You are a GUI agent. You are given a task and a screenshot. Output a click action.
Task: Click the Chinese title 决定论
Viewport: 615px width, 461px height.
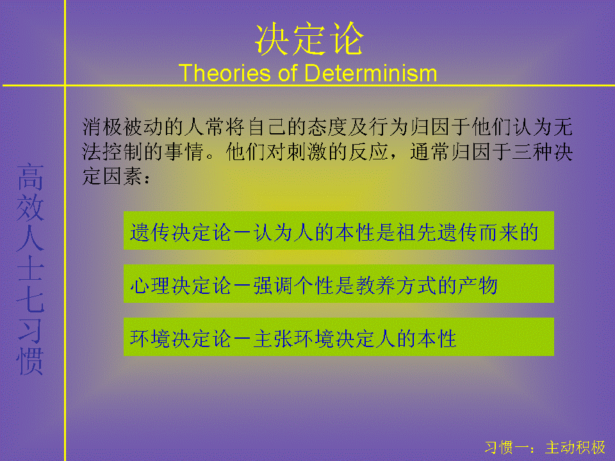[309, 38]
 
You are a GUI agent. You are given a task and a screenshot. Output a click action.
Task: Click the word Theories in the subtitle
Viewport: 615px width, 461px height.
[225, 73]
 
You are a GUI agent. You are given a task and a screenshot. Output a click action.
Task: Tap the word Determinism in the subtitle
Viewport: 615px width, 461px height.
[371, 73]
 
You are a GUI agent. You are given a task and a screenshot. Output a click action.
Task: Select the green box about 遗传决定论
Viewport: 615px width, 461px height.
[338, 230]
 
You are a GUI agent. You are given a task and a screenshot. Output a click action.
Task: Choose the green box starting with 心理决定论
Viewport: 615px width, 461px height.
[338, 284]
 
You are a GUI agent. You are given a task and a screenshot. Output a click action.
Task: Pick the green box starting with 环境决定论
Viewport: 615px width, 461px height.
[338, 337]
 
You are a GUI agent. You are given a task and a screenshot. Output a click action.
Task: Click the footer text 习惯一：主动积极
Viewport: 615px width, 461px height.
[545, 448]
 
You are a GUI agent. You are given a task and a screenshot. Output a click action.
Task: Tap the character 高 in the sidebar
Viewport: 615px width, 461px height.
[30, 177]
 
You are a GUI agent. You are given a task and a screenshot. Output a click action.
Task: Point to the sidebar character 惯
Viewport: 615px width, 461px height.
[30, 360]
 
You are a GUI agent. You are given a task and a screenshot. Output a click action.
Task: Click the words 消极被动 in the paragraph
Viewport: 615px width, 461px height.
[123, 127]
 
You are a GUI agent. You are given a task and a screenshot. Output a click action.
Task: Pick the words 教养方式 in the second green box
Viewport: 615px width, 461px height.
[397, 286]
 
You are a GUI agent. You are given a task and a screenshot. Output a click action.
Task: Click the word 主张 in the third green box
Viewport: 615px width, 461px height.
[274, 339]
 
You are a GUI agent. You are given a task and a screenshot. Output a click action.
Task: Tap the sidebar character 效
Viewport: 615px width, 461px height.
[30, 207]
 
